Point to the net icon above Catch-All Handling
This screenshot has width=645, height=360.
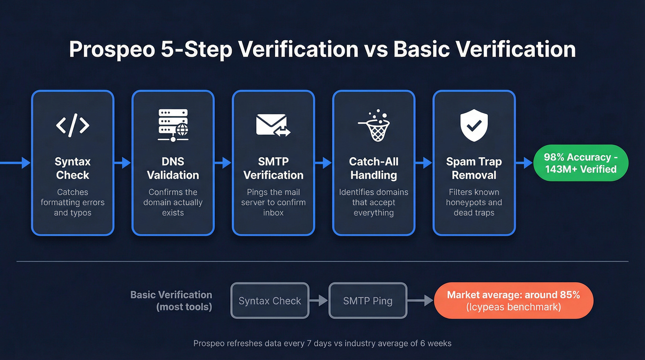click(x=374, y=125)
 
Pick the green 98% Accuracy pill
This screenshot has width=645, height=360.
click(x=580, y=163)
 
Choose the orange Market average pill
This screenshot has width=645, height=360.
click(x=513, y=301)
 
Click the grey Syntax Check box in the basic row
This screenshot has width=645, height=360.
click(x=270, y=301)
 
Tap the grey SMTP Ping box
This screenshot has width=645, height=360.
click(x=368, y=301)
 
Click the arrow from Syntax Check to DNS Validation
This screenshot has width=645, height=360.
click(x=123, y=162)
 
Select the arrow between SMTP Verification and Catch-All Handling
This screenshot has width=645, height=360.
click(x=323, y=162)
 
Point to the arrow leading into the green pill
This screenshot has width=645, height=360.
click(x=524, y=162)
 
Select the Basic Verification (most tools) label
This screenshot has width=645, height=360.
click(x=171, y=301)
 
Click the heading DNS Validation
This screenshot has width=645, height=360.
click(x=173, y=168)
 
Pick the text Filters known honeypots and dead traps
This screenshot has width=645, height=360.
click(x=474, y=202)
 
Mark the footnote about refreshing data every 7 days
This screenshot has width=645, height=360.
click(x=322, y=343)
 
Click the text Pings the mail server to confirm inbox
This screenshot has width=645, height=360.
click(x=273, y=202)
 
